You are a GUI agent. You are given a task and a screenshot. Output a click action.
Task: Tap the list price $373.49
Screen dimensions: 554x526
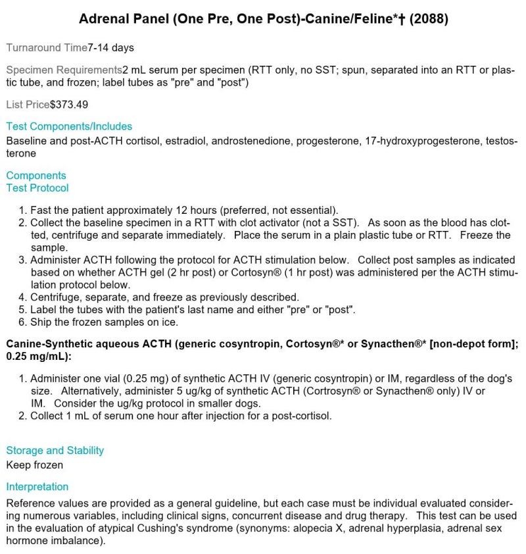pyautogui.click(x=69, y=105)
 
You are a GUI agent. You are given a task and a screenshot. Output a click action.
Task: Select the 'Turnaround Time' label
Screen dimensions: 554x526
pyautogui.click(x=46, y=47)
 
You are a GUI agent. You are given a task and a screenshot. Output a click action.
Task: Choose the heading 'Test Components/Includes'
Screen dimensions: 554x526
pyautogui.click(x=69, y=126)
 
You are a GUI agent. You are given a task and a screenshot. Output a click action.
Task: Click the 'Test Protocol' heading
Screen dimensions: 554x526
pyautogui.click(x=37, y=188)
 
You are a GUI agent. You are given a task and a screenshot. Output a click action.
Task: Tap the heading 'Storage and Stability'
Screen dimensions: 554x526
pyautogui.click(x=55, y=451)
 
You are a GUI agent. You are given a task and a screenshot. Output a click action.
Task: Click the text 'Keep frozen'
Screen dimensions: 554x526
pyautogui.click(x=35, y=465)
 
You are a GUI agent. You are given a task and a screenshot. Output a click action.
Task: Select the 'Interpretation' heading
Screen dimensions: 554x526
pyautogui.click(x=37, y=487)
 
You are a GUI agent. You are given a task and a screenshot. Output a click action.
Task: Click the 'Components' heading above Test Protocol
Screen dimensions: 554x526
pyautogui.click(x=36, y=176)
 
